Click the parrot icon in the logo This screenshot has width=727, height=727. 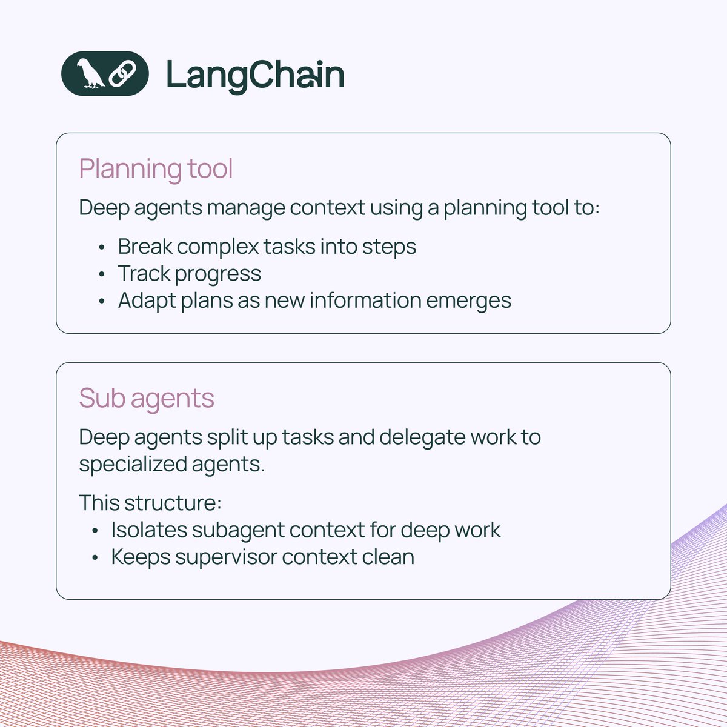click(x=90, y=74)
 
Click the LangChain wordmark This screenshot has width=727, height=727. click(x=255, y=75)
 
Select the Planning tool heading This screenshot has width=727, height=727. click(x=156, y=168)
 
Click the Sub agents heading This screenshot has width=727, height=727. click(x=147, y=398)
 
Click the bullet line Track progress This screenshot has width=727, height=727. click(x=189, y=274)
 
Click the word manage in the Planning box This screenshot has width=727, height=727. click(x=246, y=208)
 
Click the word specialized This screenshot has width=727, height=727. click(x=133, y=465)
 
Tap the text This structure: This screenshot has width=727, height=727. click(x=150, y=503)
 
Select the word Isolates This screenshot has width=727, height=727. click(x=148, y=530)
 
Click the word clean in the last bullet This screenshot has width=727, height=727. click(x=388, y=557)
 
